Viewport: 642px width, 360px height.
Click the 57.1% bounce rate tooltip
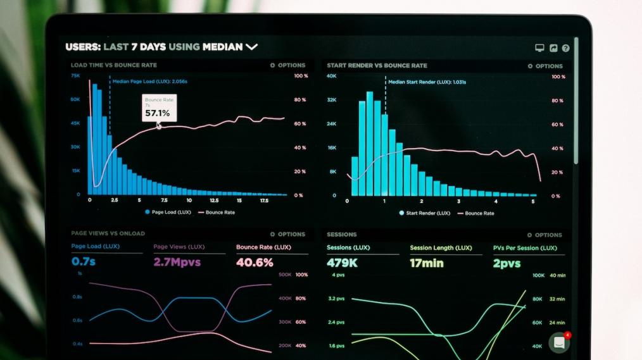tap(158, 109)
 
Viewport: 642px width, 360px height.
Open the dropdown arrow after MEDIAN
tap(252, 47)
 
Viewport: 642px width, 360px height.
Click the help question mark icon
tap(565, 48)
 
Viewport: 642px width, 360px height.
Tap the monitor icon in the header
tap(539, 48)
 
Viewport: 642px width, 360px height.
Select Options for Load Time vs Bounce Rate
tap(287, 65)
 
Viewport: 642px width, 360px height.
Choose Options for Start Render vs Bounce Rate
tap(545, 66)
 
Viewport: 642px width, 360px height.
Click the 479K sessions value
tap(342, 263)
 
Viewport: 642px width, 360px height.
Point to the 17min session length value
tap(426, 263)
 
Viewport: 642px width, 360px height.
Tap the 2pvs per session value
tap(506, 263)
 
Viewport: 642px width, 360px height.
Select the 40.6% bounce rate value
tap(255, 262)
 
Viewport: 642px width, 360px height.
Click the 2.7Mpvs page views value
tap(177, 262)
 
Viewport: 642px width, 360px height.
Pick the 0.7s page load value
tap(83, 261)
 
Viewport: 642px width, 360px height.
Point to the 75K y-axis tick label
tap(75, 76)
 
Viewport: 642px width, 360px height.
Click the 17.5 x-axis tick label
tap(265, 200)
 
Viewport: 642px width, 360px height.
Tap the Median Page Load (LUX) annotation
tap(149, 82)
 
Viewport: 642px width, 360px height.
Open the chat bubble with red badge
tap(559, 342)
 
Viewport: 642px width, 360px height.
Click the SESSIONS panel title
tap(341, 234)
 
